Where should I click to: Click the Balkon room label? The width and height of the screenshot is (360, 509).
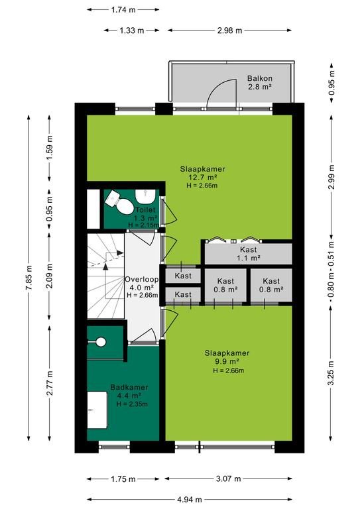(259, 78)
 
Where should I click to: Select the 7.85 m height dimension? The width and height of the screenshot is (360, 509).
(29, 278)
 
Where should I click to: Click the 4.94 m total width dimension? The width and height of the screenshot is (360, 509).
(190, 499)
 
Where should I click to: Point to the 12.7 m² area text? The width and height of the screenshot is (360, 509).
(203, 177)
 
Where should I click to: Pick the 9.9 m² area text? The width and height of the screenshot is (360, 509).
(227, 361)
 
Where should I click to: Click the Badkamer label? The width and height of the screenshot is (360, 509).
(129, 387)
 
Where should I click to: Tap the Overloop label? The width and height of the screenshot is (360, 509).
(142, 279)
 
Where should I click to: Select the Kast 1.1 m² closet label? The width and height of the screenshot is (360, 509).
(249, 254)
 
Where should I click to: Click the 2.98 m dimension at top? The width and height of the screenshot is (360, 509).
(229, 30)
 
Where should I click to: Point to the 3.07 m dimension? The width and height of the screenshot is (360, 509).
(229, 479)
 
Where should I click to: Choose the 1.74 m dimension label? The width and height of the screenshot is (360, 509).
(123, 10)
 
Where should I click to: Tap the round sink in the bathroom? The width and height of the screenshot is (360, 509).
(101, 341)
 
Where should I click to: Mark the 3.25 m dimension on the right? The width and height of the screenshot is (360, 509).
(331, 373)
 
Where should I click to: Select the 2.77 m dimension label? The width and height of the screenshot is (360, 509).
(50, 383)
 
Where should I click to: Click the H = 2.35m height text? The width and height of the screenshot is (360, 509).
(132, 404)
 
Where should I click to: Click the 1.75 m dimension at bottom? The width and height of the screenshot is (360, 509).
(123, 479)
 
